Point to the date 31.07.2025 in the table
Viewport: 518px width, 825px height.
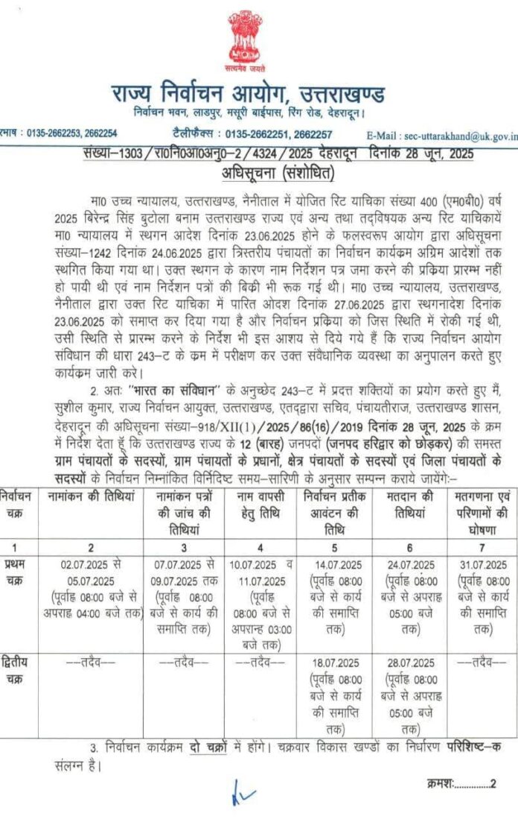click(480, 564)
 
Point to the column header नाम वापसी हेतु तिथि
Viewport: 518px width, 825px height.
click(262, 502)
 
